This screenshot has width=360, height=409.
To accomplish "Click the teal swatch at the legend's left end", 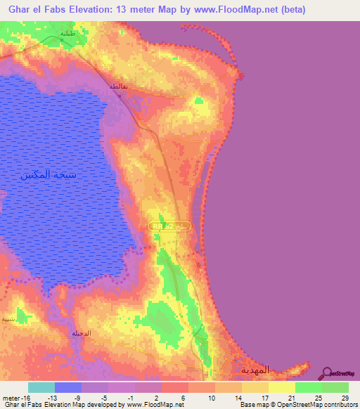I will [41, 387].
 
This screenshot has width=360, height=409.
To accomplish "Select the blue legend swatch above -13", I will [68, 387].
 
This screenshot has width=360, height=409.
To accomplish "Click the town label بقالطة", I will [117, 86].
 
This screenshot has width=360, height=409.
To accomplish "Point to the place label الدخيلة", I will [80, 332].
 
